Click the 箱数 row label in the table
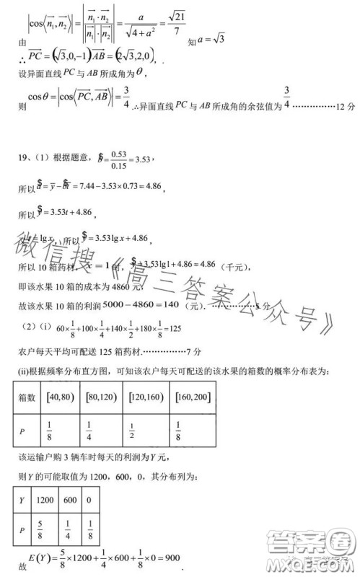pyautogui.click(x=27, y=396)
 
